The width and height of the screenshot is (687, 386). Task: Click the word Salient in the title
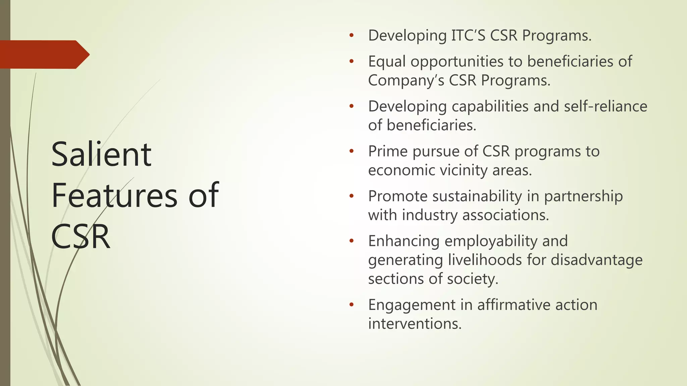[x=101, y=154]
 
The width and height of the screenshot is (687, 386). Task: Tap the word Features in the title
[x=114, y=195]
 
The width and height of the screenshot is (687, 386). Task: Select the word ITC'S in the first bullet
[x=468, y=36]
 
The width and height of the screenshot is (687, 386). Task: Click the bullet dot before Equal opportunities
[x=351, y=61]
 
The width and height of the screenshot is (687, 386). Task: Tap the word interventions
[x=415, y=324]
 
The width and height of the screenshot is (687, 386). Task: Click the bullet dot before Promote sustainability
[x=351, y=196]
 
